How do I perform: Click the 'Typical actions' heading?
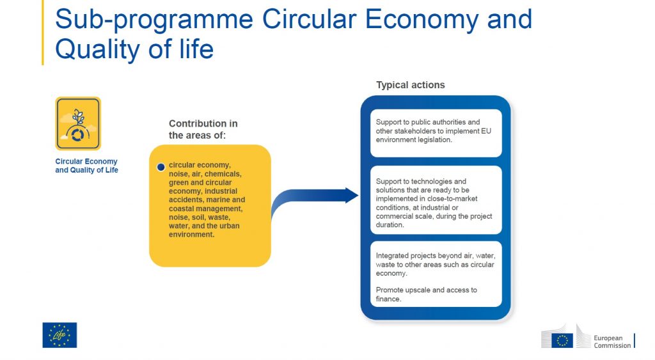[410, 85]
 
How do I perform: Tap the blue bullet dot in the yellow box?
[161, 167]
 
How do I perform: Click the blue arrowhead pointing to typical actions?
[352, 195]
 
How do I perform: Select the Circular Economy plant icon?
[78, 123]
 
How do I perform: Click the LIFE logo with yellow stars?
[59, 335]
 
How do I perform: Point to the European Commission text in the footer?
[612, 341]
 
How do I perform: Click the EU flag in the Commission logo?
[562, 340]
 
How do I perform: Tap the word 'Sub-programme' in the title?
[154, 19]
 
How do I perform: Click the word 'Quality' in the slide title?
[98, 49]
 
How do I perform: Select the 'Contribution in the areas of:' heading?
[203, 129]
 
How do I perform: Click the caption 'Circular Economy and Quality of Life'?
[86, 166]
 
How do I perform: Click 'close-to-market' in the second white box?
[452, 199]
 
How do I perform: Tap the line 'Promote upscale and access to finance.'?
[426, 294]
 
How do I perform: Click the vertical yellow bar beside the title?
[43, 33]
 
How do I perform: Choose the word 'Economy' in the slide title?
[422, 19]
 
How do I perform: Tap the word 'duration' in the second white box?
[390, 225]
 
